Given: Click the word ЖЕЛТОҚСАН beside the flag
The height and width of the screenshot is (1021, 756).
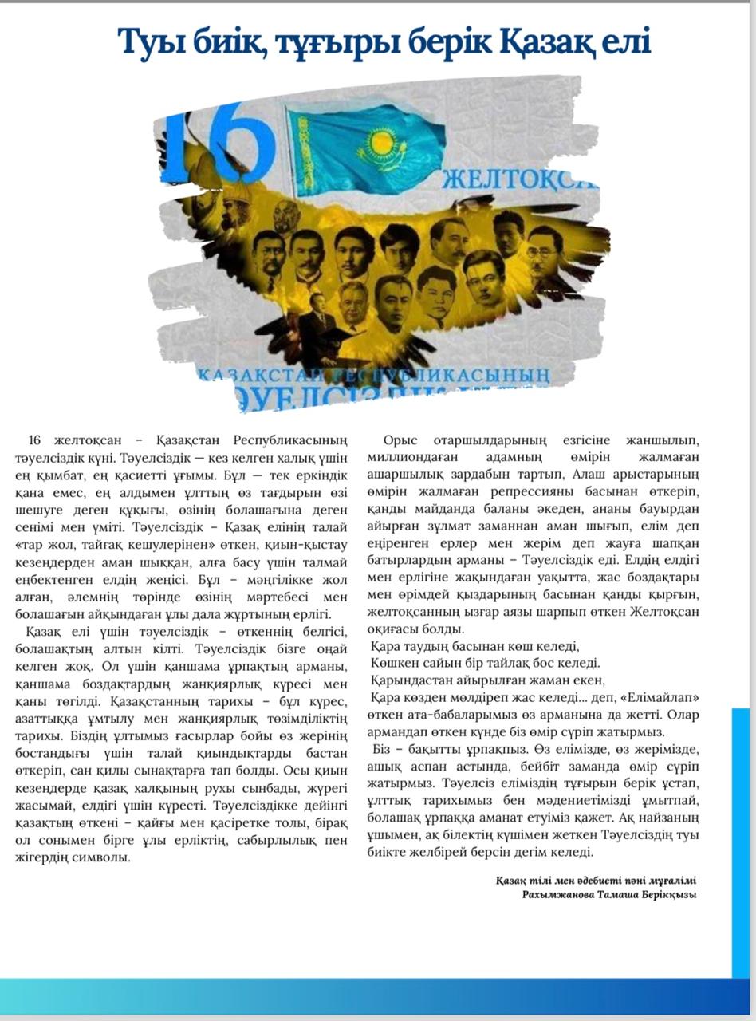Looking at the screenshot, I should coord(518,179).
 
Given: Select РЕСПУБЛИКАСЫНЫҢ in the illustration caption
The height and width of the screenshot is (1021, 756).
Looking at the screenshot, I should coord(439,373).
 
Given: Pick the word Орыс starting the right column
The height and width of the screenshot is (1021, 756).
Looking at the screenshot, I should coord(400,441).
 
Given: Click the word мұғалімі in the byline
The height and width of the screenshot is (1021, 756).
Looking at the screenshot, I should coord(671,881).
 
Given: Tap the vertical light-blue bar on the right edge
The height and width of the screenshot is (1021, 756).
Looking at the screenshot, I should coord(741,838).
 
